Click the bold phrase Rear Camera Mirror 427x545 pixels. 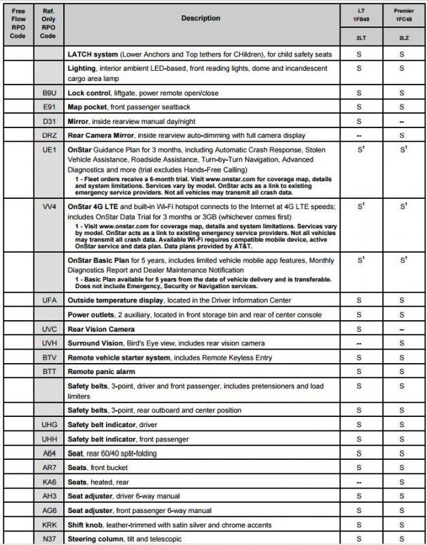point(103,136)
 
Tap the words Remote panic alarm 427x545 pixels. point(101,372)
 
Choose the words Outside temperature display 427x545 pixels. point(118,300)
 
